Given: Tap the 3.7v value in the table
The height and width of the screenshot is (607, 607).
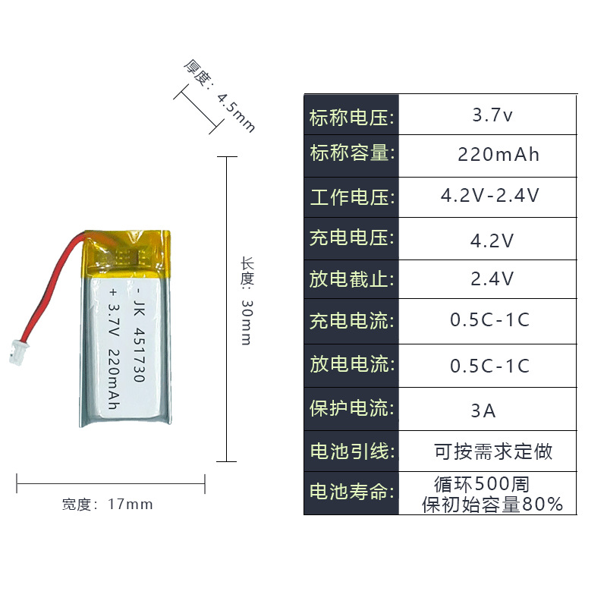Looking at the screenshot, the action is pyautogui.click(x=492, y=116).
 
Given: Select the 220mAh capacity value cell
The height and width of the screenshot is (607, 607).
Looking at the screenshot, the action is pyautogui.click(x=498, y=156).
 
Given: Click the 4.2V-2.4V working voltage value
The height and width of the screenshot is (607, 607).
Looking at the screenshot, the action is pyautogui.click(x=490, y=196).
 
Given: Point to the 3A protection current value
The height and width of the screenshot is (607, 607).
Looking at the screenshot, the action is pyautogui.click(x=483, y=411).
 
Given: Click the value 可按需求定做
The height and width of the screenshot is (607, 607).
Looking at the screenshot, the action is pyautogui.click(x=493, y=452).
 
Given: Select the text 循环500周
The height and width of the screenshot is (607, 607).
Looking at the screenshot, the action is pyautogui.click(x=482, y=483).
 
